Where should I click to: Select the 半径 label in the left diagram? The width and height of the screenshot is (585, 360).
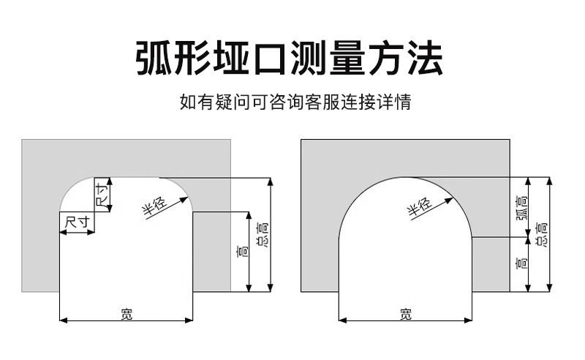[154, 206]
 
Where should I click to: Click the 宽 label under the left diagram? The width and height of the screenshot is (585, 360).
[127, 314]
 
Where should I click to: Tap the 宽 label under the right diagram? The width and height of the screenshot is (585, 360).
[406, 314]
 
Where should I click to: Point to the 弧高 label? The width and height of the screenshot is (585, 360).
[520, 207]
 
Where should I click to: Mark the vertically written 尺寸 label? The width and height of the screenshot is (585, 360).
[102, 195]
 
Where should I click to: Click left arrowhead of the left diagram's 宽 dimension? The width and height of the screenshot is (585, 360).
[62, 320]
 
